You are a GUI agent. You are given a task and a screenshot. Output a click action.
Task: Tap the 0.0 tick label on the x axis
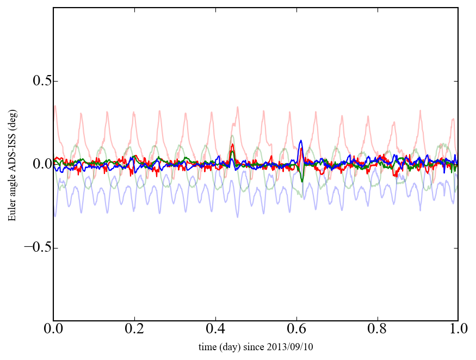53,330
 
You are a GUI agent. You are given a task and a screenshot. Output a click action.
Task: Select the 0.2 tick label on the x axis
134,330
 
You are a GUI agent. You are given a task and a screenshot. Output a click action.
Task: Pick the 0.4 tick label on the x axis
215,330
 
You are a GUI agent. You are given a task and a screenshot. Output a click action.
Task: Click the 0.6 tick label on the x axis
296,330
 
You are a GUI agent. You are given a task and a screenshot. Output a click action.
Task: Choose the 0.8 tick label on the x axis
377,330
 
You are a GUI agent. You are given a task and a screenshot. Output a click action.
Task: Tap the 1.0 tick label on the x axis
458,330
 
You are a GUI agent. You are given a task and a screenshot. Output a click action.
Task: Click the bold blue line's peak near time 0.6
301,141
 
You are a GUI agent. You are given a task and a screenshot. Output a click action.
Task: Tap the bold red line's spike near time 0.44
232,145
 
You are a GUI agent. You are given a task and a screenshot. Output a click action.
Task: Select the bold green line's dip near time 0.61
302,181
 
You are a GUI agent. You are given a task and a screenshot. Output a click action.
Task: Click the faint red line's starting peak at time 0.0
55,106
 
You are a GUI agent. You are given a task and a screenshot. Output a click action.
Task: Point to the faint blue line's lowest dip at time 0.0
55,216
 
